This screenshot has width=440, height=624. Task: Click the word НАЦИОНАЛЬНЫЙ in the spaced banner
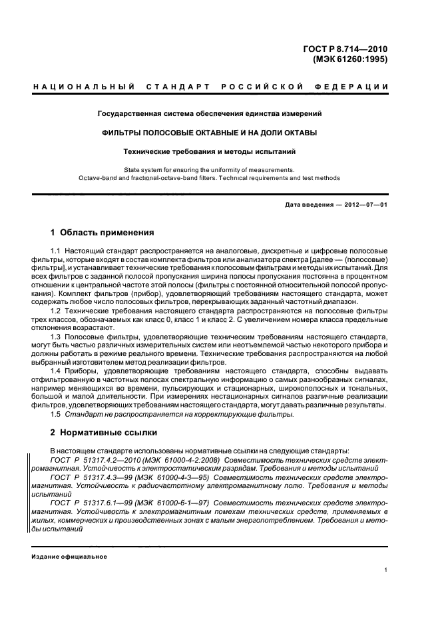[84, 87]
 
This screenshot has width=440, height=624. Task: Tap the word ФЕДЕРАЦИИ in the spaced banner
[356, 87]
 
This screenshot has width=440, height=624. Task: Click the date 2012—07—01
[363, 204]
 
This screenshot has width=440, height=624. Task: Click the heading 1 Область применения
[103, 233]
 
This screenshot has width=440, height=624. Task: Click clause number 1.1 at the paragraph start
[56, 249]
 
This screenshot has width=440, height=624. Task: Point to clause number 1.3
[56, 337]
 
